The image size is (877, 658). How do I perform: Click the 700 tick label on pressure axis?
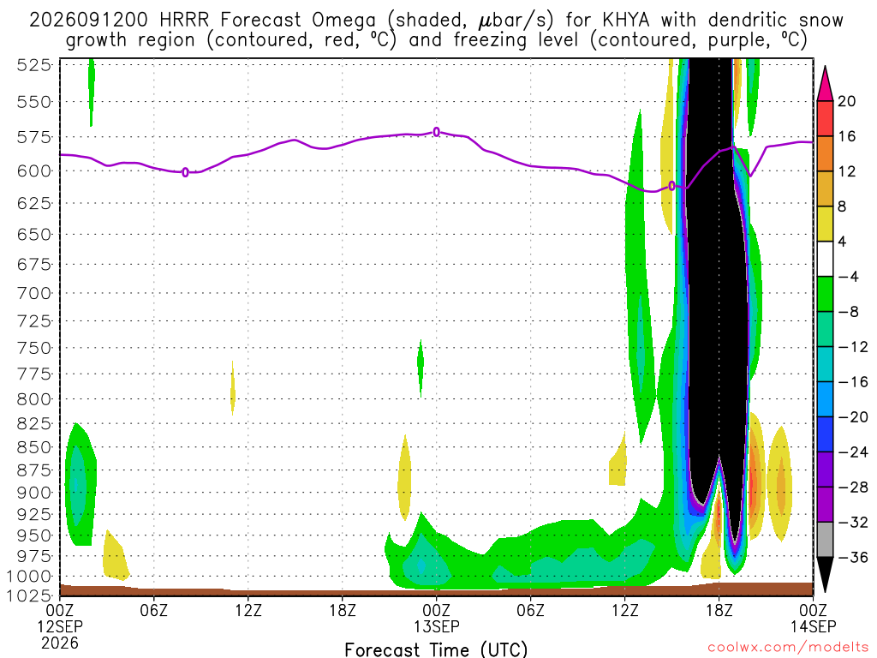coord(33,293)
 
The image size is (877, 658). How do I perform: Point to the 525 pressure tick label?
coord(33,65)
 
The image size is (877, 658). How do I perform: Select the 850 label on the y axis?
coord(33,447)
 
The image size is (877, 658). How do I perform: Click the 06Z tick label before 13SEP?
coord(154,609)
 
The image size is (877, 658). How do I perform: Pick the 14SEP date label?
coord(814,626)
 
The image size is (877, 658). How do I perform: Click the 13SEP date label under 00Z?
coord(437,626)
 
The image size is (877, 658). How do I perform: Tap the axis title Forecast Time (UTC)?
coord(436,649)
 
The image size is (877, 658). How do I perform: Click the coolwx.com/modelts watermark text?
coord(788,648)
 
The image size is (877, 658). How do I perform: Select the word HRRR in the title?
coord(184,21)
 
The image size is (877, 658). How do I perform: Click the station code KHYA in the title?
coord(626,21)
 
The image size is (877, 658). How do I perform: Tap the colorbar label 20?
coord(847,101)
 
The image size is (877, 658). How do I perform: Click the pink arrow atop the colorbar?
coord(825,84)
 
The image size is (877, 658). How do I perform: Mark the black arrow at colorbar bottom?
coord(825,574)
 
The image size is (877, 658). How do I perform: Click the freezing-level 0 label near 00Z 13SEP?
coord(437,132)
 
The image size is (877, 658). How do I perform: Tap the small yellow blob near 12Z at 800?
coord(233,388)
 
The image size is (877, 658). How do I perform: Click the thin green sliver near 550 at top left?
coord(91,93)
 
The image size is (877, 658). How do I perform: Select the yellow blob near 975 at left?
coord(115,556)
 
